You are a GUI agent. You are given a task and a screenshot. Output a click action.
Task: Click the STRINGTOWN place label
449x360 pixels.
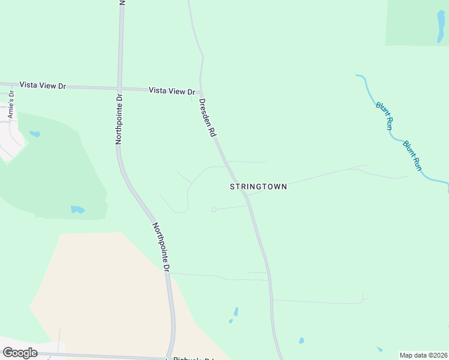pyautogui.click(x=258, y=187)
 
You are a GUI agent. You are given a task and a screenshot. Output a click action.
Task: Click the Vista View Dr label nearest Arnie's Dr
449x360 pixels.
pyautogui.click(x=42, y=86)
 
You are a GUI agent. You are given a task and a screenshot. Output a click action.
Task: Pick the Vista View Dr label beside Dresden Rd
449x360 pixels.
pyautogui.click(x=172, y=91)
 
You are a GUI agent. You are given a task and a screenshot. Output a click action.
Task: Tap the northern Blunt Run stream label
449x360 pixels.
pyautogui.click(x=384, y=116)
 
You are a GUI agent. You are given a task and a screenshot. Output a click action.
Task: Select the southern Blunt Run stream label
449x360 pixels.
pyautogui.click(x=413, y=155)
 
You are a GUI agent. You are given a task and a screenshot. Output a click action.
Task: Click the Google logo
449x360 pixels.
pyautogui.click(x=20, y=353)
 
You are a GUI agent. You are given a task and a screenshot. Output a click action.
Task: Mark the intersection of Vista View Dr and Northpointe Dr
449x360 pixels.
pyautogui.click(x=120, y=87)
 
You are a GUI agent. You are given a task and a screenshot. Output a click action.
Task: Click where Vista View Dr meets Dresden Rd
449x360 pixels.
pyautogui.click(x=200, y=94)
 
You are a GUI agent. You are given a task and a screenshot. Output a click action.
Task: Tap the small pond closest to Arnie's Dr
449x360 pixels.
pyautogui.click(x=35, y=134)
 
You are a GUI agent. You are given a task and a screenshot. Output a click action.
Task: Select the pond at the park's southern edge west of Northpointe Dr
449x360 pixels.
pyautogui.click(x=77, y=209)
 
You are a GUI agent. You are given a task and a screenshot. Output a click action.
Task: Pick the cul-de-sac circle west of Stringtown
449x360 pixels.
pyautogui.click(x=214, y=209)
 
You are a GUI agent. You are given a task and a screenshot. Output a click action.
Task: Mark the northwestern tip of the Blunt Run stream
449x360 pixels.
pyautogui.click(x=357, y=76)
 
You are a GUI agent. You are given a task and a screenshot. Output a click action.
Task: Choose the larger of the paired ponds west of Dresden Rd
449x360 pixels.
pyautogui.click(x=236, y=311)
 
